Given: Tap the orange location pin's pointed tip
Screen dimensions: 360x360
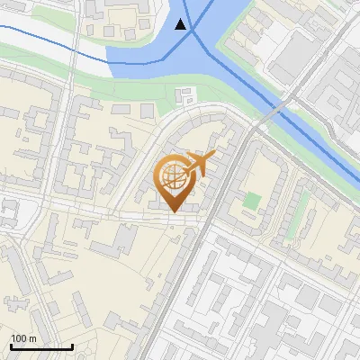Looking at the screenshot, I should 173,213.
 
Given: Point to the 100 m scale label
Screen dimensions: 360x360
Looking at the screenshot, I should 23,338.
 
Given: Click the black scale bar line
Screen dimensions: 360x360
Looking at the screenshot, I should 41,346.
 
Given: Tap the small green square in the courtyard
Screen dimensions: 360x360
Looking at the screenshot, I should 253,200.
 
